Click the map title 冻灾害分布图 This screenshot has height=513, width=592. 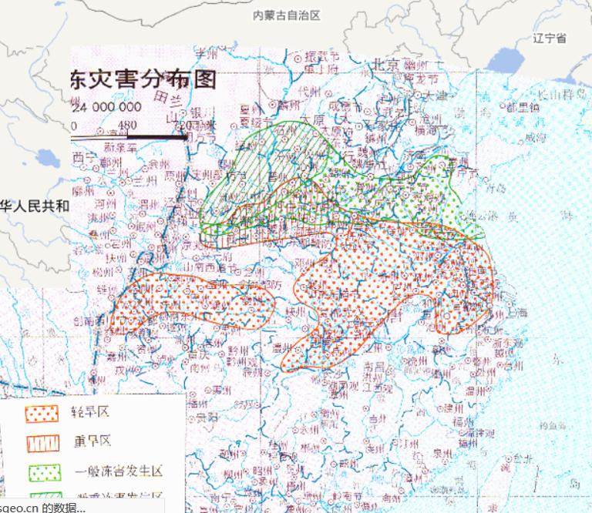[143, 79]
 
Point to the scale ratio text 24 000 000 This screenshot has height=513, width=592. [107, 108]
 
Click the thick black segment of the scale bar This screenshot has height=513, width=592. [158, 138]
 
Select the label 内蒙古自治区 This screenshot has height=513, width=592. [286, 15]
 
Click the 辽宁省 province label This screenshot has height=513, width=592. [550, 38]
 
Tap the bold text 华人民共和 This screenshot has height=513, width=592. [35, 206]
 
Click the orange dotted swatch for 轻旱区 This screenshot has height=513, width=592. [42, 414]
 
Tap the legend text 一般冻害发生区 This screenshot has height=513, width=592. [119, 471]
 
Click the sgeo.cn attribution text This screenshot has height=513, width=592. [42, 507]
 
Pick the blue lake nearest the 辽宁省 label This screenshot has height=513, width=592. [505, 61]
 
